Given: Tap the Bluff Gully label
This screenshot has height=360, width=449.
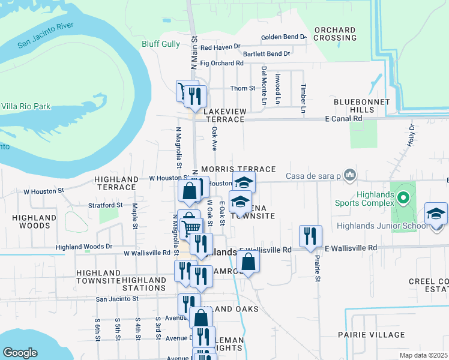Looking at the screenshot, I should [x=160, y=44].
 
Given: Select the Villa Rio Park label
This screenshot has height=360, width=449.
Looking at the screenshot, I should [x=25, y=106].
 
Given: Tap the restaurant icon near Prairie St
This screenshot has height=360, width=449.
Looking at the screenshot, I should [x=310, y=235].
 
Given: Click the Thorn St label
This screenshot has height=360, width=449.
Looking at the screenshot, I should [x=243, y=88].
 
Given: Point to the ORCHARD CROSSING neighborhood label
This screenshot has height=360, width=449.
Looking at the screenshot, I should [x=335, y=34].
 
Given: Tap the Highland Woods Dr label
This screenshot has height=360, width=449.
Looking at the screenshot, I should [x=83, y=247].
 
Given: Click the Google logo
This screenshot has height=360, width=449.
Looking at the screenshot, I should [x=20, y=353].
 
